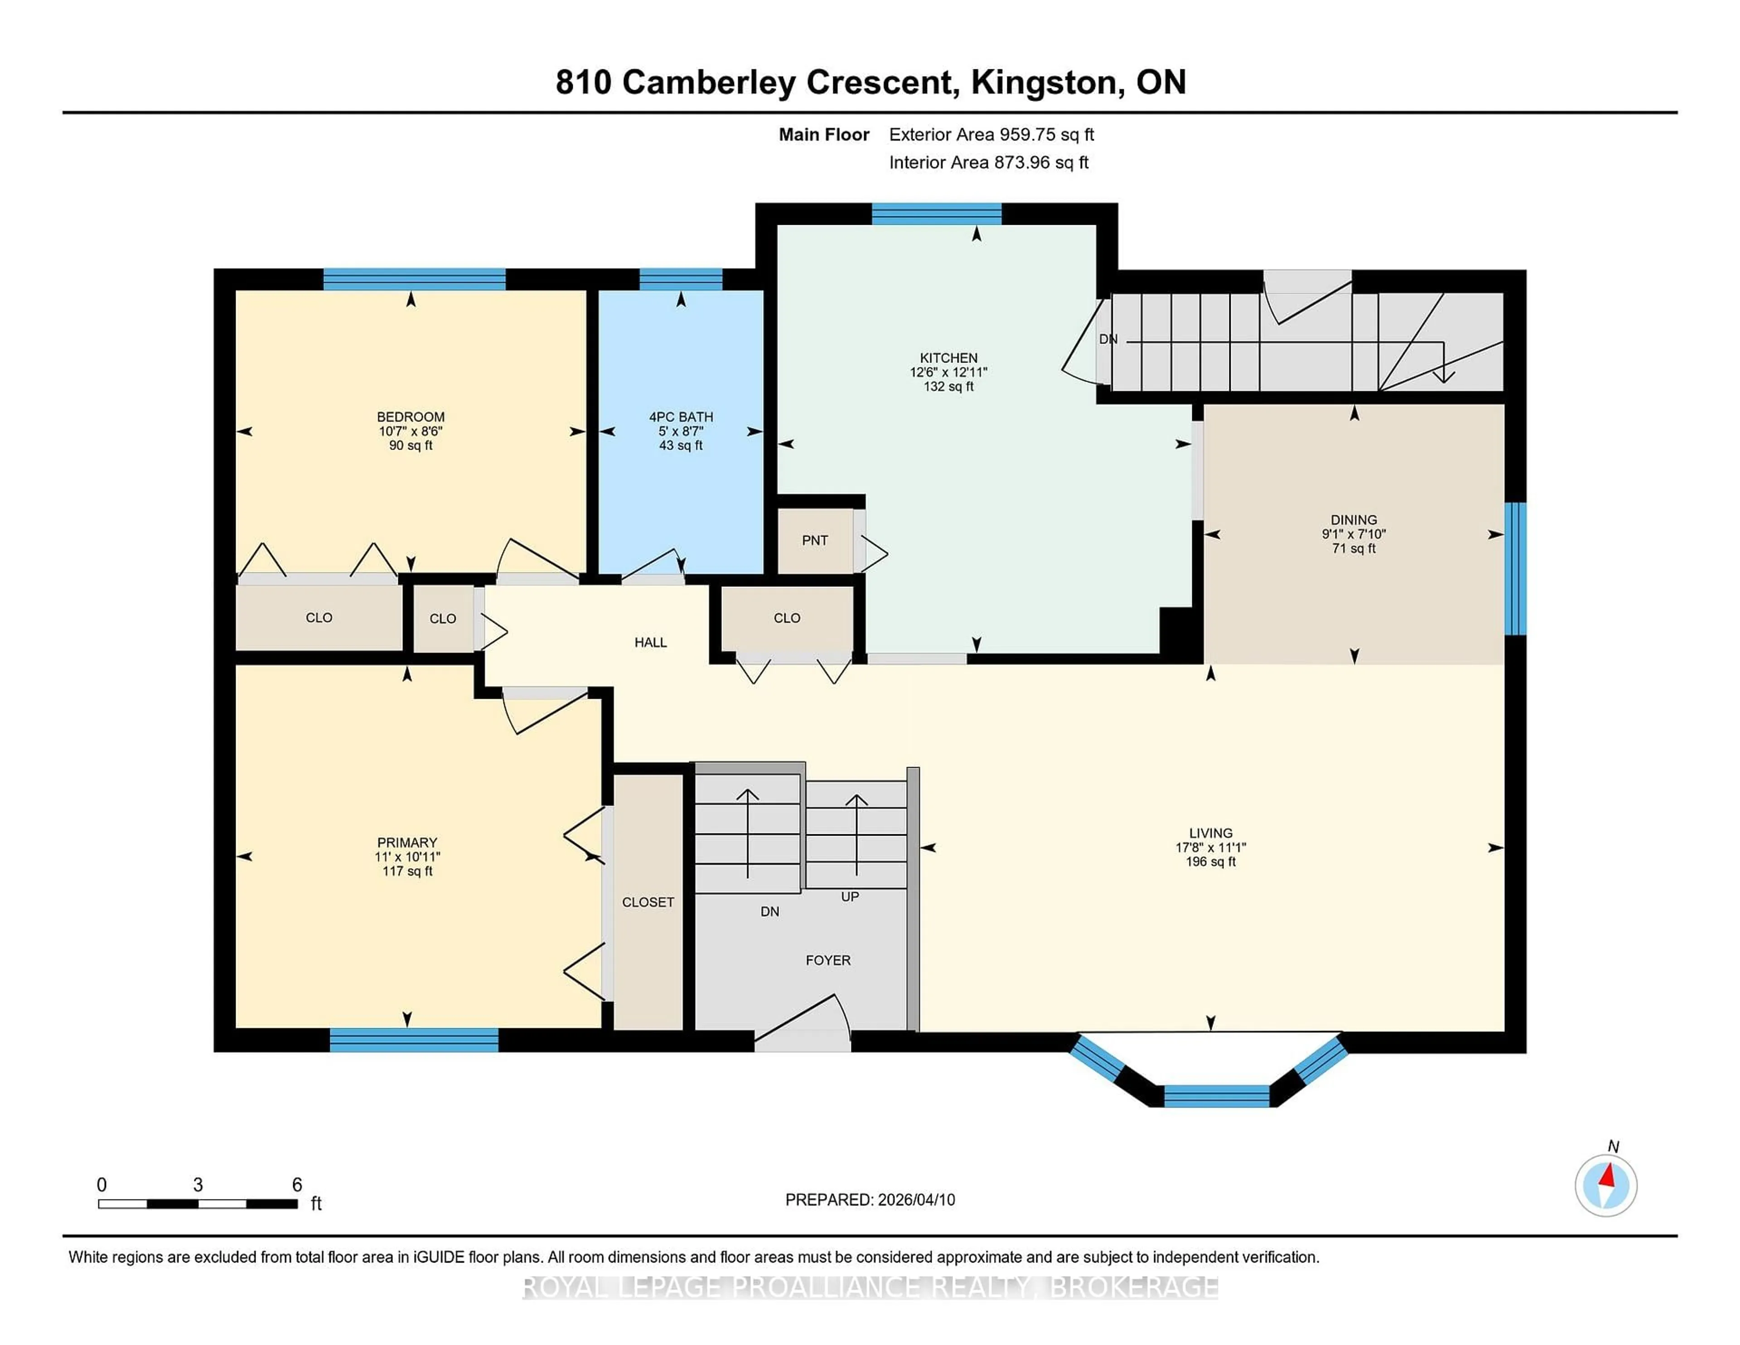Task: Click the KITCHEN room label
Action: click(x=948, y=358)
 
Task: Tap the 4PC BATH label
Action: click(x=681, y=417)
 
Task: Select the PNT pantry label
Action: click(x=814, y=540)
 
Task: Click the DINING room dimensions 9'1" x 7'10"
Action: click(x=1353, y=534)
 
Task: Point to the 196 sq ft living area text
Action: click(x=1210, y=861)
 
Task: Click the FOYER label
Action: click(x=828, y=960)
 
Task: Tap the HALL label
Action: click(x=650, y=642)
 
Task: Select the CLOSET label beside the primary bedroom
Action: click(x=648, y=902)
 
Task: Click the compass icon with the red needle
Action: click(x=1605, y=1185)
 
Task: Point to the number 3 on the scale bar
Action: click(x=198, y=1185)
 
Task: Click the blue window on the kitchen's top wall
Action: click(x=936, y=213)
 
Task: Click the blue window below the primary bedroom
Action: click(x=414, y=1040)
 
